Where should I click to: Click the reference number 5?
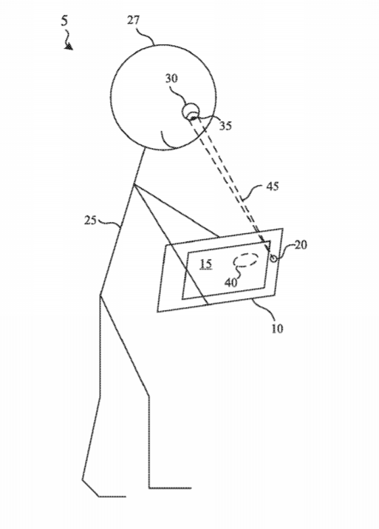(x=64, y=21)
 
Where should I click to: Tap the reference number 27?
(x=133, y=20)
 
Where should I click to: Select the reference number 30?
(x=171, y=78)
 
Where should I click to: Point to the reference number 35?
(x=226, y=126)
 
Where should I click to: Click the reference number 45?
(x=273, y=186)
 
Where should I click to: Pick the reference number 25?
(x=90, y=220)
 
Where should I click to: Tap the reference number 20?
(x=301, y=245)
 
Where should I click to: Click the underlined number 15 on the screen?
(x=206, y=264)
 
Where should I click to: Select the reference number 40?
(x=231, y=283)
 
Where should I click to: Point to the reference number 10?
(x=277, y=328)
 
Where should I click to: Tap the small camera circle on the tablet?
(x=273, y=258)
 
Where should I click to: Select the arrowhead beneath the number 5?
(x=69, y=46)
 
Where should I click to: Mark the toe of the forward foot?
(x=191, y=488)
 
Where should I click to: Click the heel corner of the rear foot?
(x=83, y=479)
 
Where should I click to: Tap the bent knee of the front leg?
(x=148, y=395)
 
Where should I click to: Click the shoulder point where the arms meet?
(x=134, y=184)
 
